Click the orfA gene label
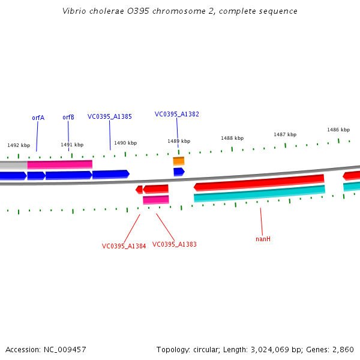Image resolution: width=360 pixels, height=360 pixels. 38,118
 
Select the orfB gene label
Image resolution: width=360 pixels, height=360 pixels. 68,117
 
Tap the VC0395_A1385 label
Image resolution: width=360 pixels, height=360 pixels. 110,116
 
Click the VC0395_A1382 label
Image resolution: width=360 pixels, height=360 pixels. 177,114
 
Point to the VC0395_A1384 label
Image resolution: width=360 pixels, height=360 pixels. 124,246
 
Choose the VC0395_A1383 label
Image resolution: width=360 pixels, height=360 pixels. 175,244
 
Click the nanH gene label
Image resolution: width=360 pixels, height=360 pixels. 263,239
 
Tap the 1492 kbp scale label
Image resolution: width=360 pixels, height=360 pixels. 19,145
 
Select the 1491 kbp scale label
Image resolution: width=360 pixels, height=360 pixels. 72,145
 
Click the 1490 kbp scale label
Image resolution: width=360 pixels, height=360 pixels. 125,143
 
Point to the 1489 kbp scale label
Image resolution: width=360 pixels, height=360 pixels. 179,141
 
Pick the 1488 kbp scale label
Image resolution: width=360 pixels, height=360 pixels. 232,138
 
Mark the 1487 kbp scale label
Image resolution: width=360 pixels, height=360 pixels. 285,134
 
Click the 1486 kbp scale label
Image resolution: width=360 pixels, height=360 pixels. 338,130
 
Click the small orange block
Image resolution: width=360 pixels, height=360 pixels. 179,161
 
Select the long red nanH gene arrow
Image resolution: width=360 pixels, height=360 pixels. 258,182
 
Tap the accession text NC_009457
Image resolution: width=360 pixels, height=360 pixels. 46,349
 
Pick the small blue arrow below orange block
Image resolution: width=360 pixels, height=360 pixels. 179,172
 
